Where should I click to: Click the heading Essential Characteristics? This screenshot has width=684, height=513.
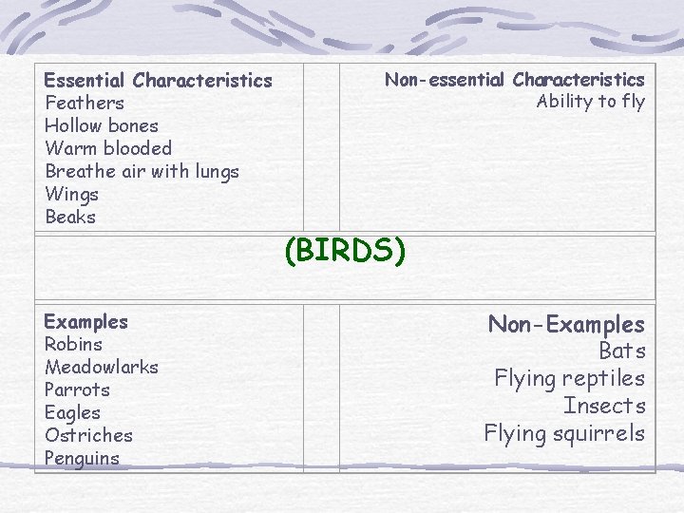click(158, 80)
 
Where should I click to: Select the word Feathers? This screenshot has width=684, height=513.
click(85, 103)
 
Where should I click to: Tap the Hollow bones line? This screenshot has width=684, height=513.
click(102, 125)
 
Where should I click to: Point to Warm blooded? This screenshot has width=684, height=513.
click(108, 148)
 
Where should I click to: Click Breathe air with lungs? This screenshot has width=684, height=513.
click(142, 171)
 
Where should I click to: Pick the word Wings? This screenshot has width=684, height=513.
click(72, 194)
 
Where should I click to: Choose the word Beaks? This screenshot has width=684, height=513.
click(70, 217)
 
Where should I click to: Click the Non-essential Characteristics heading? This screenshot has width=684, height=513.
click(514, 80)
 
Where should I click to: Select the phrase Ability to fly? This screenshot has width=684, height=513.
click(590, 102)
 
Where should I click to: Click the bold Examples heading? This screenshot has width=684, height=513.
click(85, 321)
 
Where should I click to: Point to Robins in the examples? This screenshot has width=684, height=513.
click(73, 344)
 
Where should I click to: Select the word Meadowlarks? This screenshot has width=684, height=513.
click(102, 367)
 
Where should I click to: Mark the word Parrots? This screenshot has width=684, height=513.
click(77, 389)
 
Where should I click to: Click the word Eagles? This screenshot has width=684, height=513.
click(72, 412)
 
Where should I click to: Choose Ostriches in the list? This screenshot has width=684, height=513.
click(88, 435)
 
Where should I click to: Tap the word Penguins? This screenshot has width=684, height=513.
click(82, 458)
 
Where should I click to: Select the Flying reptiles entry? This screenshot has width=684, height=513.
click(569, 378)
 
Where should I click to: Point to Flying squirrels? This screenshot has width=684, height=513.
click(564, 433)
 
